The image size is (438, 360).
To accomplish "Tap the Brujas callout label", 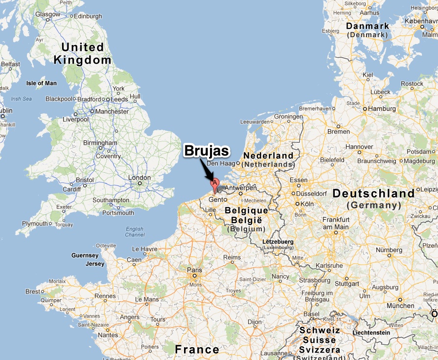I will click(x=206, y=151).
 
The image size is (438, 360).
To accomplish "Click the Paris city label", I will click(x=195, y=270).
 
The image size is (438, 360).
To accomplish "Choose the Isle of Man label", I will click(x=41, y=83).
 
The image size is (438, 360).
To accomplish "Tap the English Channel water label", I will click(x=134, y=232).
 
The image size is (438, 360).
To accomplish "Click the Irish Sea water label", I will click(x=21, y=99).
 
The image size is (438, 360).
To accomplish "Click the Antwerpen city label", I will click(x=240, y=188).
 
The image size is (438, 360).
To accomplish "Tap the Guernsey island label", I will click(x=85, y=255).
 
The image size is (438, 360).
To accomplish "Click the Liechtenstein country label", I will click(x=370, y=333).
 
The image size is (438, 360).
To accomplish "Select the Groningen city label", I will click(x=288, y=117).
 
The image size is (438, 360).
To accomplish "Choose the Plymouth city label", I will click(x=35, y=224).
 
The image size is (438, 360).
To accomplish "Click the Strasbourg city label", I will click(x=315, y=280).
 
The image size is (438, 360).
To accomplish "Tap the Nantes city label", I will click(x=107, y=335).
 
